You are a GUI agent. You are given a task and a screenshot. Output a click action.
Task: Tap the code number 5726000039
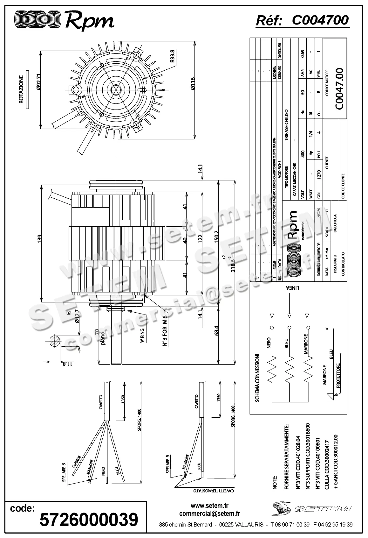tap(89, 520)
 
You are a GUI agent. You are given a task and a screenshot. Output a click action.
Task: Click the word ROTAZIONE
tap(21, 89)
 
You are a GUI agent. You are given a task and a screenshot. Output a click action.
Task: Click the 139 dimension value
tap(39, 238)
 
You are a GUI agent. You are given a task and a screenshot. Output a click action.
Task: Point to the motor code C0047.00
tap(339, 89)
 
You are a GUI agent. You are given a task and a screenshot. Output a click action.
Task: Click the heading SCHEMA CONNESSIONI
tap(257, 377)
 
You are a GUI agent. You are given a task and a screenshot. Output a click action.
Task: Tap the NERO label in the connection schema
tap(269, 343)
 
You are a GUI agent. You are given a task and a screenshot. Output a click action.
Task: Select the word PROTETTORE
tap(338, 376)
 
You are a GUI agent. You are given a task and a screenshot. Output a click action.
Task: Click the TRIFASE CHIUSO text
tap(286, 126)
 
